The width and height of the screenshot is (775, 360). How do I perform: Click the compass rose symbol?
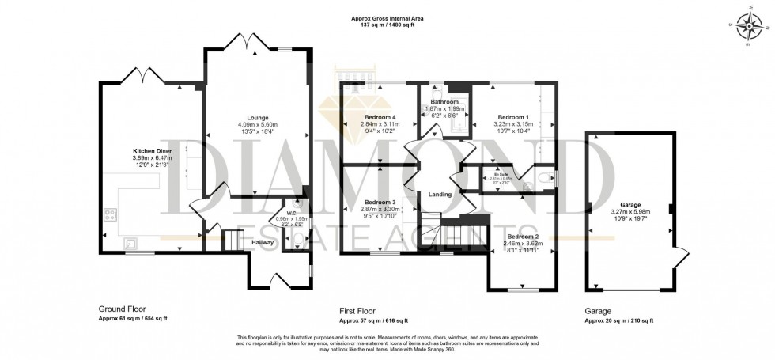point(747,28)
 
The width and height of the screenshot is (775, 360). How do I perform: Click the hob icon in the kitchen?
point(110,214)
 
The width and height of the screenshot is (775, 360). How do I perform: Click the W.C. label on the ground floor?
point(292,214)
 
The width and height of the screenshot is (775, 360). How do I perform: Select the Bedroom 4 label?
point(380,116)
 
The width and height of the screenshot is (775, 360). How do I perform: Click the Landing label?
point(440,195)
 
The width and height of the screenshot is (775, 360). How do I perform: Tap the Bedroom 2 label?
point(522,237)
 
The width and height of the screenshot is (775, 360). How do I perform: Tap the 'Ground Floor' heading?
point(122,309)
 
